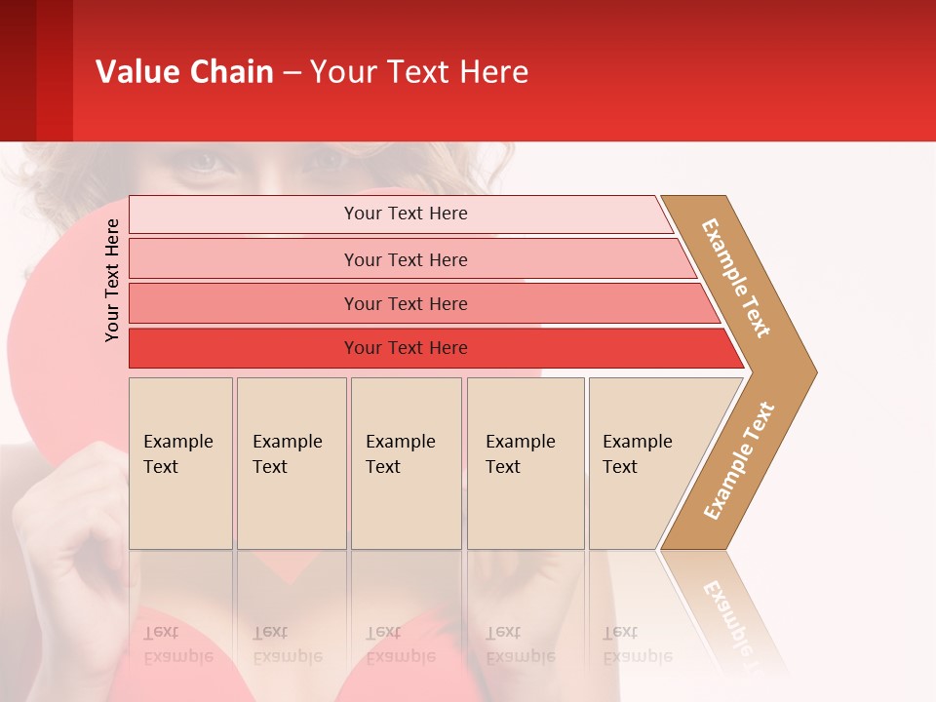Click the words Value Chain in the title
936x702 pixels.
pyautogui.click(x=184, y=71)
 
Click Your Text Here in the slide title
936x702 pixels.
pyautogui.click(x=419, y=71)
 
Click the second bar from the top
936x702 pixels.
pyautogui.click(x=405, y=259)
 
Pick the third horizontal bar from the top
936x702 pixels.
pyautogui.click(x=405, y=303)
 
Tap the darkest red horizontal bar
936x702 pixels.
pyautogui.click(x=405, y=348)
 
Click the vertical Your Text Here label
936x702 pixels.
pyautogui.click(x=112, y=280)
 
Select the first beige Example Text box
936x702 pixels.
pyautogui.click(x=180, y=463)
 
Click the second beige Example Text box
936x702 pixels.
pyautogui.click(x=291, y=463)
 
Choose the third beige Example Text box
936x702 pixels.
pyautogui.click(x=406, y=463)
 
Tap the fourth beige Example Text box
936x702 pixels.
pyautogui.click(x=525, y=463)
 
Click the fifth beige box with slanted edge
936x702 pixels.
pyautogui.click(x=643, y=463)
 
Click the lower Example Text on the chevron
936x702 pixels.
pyautogui.click(x=739, y=460)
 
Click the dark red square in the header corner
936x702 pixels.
pyautogui.click(x=36, y=70)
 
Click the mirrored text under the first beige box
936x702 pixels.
pyautogui.click(x=177, y=644)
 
